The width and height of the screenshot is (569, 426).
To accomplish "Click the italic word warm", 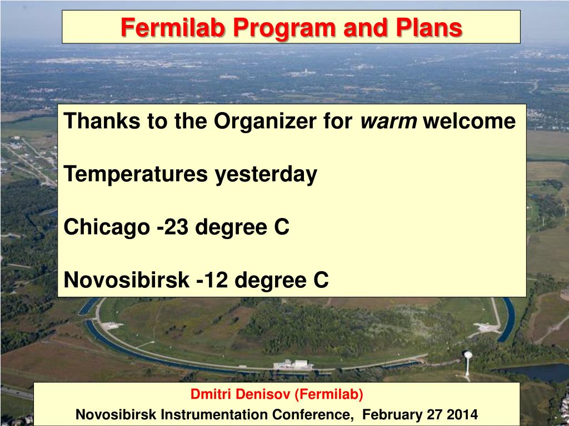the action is [x=388, y=121].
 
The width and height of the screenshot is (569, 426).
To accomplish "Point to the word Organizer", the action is [x=265, y=121].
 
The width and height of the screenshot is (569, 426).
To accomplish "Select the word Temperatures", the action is [x=136, y=175].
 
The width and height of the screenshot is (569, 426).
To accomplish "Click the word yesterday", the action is [x=266, y=175].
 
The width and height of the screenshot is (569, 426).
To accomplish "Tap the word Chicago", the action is [x=107, y=227].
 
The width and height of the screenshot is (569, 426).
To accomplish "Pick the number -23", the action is [x=173, y=227].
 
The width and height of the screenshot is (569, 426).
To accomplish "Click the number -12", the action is [x=212, y=280].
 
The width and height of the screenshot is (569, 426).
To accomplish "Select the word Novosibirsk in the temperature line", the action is [x=127, y=280].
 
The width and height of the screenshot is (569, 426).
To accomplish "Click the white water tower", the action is [x=468, y=363].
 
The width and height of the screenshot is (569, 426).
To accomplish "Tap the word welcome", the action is [x=470, y=121].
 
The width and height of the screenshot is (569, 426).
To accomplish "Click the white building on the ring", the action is [x=293, y=364].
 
